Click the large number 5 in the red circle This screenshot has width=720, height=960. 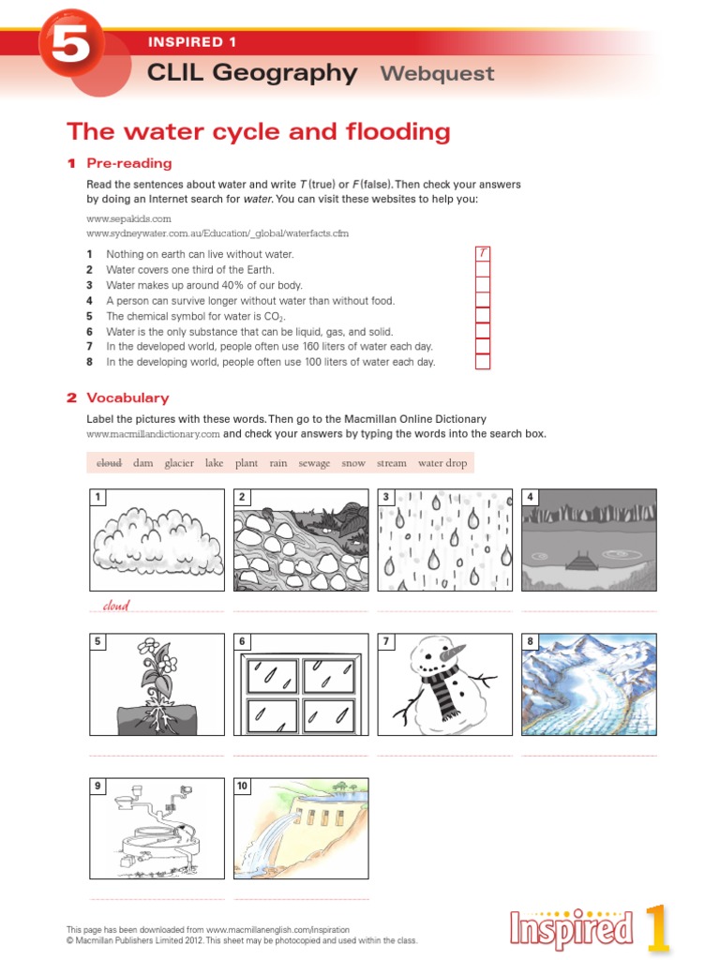tap(70, 44)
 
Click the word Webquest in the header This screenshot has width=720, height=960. tap(437, 73)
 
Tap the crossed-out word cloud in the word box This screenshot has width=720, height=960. tap(109, 463)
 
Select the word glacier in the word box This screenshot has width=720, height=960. tap(179, 463)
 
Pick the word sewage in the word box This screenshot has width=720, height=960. tap(314, 463)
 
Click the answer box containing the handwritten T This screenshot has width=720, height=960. tap(483, 253)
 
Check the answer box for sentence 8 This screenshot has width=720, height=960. tap(483, 361)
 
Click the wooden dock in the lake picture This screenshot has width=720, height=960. tap(581, 561)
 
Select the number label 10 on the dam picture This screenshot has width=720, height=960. tap(243, 787)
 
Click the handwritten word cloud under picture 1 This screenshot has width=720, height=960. tap(116, 606)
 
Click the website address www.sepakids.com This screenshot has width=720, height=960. tap(128, 218)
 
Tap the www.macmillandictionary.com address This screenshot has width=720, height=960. tap(153, 434)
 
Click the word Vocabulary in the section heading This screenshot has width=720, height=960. tap(127, 397)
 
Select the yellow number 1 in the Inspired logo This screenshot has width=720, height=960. tap(657, 928)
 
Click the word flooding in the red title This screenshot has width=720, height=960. tap(397, 132)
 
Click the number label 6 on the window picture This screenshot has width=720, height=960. tap(242, 641)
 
